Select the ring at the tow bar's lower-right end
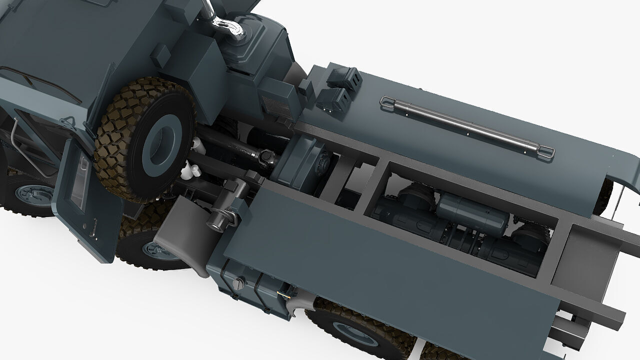point(546,151)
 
